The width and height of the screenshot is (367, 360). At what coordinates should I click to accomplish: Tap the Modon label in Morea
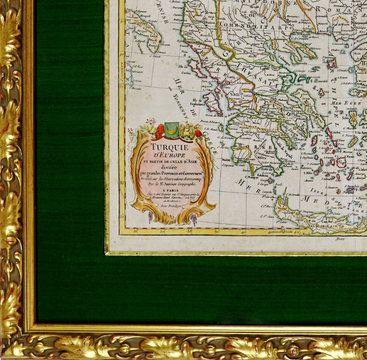click(x=226, y=160)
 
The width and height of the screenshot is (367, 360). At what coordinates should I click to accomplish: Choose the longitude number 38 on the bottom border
click(x=189, y=232)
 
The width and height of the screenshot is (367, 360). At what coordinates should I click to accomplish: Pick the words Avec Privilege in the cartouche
click(x=171, y=206)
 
